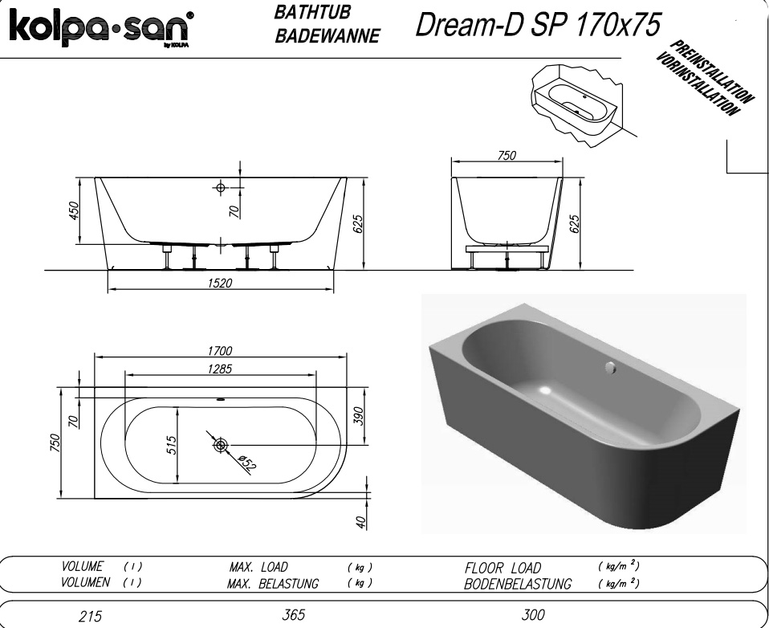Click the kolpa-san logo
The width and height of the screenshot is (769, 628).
[101, 28]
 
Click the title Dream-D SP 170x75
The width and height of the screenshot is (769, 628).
[538, 25]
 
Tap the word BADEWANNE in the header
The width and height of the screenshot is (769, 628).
[328, 36]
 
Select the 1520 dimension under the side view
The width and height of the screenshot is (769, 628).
[220, 283]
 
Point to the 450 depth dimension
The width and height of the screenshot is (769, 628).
[73, 210]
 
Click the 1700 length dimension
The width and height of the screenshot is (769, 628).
[220, 351]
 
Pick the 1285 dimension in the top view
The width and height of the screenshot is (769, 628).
[220, 369]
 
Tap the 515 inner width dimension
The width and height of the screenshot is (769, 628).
[172, 445]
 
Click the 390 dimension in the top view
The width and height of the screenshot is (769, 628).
[359, 416]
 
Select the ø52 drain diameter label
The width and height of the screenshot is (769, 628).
[247, 463]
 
